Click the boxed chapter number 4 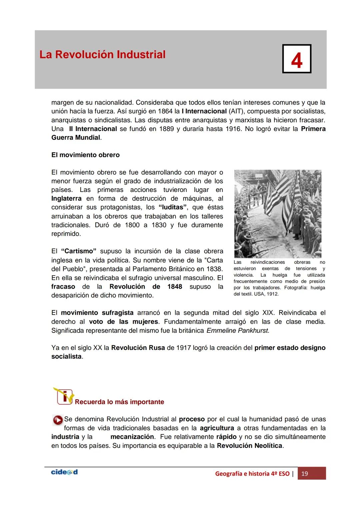click(x=296, y=59)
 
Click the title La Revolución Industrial click(x=102, y=55)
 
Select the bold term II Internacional click(x=93, y=129)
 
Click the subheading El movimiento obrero click(x=85, y=155)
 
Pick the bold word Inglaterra click(x=66, y=199)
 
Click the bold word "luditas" click(x=172, y=207)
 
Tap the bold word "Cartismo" click(x=79, y=251)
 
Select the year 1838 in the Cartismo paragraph click(x=214, y=269)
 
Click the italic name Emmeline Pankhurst click(x=237, y=331)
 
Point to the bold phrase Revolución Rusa click(x=138, y=348)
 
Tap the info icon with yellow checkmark click(x=63, y=396)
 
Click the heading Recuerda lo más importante click(x=119, y=402)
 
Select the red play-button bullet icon click(x=58, y=420)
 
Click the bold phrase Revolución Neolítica click(x=249, y=446)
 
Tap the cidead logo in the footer click(x=64, y=472)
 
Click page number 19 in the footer click(x=304, y=474)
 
